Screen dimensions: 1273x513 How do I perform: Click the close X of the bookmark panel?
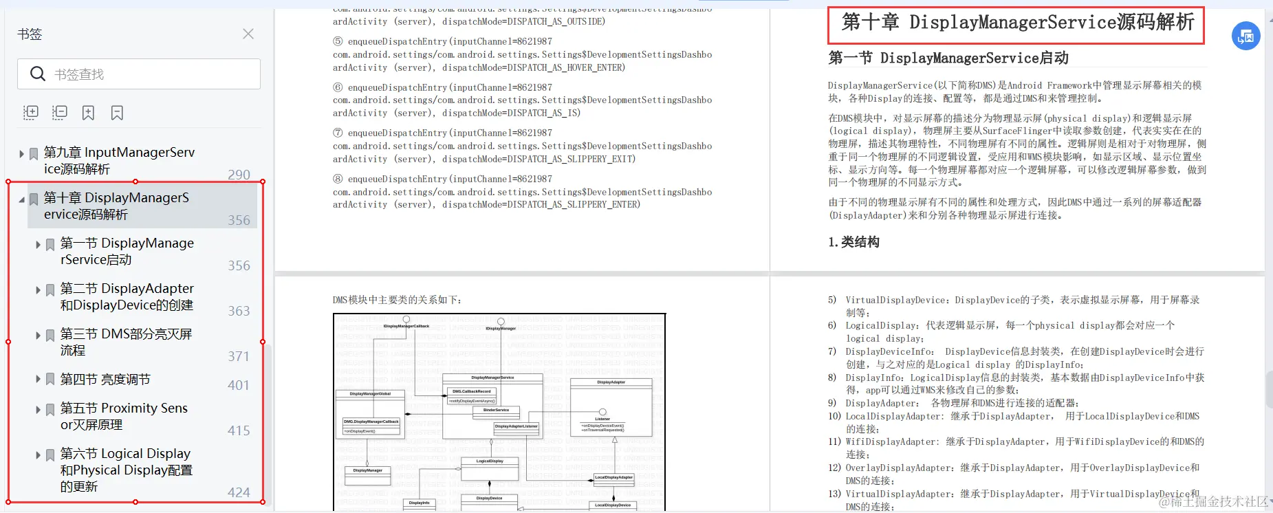248,34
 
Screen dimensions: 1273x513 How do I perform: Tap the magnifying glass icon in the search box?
38,74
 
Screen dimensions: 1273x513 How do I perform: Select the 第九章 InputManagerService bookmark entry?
119,160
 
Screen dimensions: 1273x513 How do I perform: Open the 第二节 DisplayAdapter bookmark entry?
127,296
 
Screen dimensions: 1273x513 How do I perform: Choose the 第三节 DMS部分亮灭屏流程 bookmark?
126,342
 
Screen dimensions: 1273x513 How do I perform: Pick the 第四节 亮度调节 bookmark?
105,379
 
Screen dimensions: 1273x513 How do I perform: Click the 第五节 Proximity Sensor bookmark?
124,416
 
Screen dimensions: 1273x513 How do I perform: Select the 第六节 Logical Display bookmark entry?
126,470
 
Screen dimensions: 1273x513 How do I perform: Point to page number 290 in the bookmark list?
239,175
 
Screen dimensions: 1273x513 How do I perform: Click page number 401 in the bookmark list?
239,385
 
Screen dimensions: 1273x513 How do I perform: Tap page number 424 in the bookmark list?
239,492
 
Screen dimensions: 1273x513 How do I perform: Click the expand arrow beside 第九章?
22,153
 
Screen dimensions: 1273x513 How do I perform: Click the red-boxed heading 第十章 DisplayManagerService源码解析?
1016,23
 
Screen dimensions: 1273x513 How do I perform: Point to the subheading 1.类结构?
853,242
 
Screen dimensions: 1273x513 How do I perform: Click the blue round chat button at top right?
1245,36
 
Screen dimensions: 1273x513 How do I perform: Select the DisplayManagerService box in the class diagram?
492,378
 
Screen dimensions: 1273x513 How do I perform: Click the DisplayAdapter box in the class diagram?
611,382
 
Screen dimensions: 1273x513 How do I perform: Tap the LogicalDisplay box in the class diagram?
490,461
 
